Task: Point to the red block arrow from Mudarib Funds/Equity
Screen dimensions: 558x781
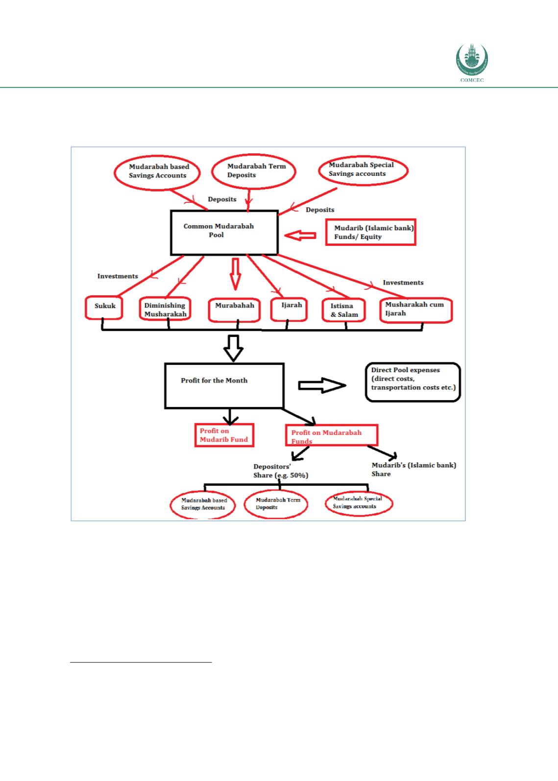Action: (300, 236)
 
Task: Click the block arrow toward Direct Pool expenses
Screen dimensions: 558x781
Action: (322, 385)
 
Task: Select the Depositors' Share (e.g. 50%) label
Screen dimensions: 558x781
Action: (281, 471)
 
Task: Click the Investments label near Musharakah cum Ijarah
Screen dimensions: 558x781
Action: (403, 283)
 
